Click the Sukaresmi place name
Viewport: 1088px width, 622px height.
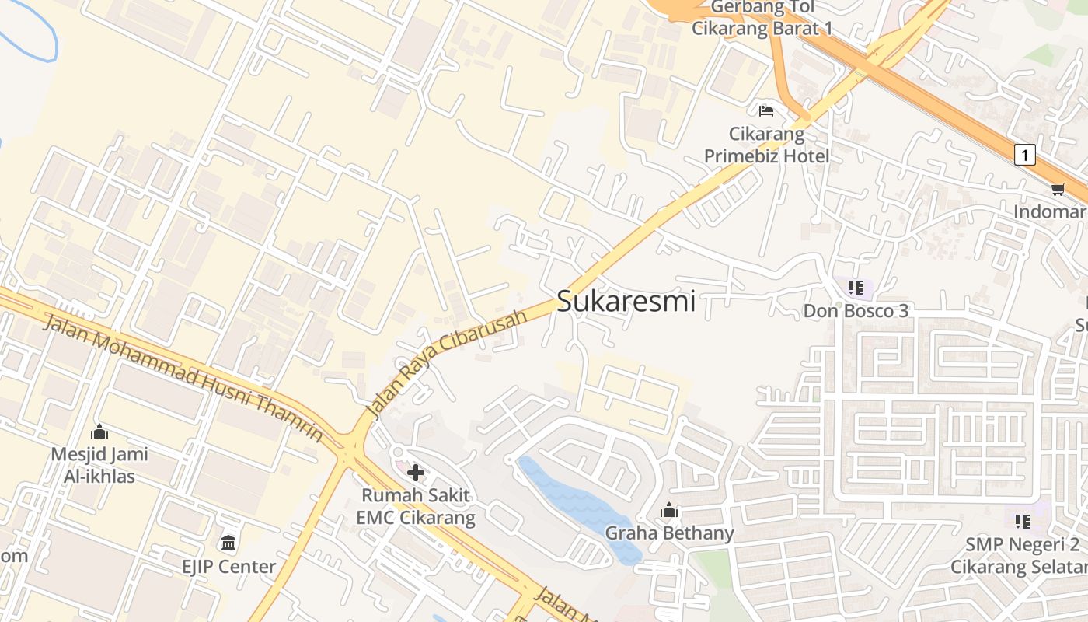pyautogui.click(x=626, y=301)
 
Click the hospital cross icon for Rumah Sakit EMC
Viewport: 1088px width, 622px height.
pyautogui.click(x=416, y=472)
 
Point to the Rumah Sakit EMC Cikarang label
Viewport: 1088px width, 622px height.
pyautogui.click(x=415, y=506)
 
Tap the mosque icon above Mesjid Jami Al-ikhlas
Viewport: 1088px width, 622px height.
pyautogui.click(x=99, y=432)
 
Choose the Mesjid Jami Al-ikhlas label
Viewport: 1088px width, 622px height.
pyautogui.click(x=99, y=465)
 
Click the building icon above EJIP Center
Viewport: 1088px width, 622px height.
pyautogui.click(x=228, y=542)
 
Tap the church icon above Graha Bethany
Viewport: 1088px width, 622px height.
pyautogui.click(x=669, y=511)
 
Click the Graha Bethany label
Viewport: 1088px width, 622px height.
pyautogui.click(x=669, y=533)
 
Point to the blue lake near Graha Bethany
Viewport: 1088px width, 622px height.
pyautogui.click(x=579, y=505)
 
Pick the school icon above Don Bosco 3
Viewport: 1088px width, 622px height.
pyautogui.click(x=856, y=288)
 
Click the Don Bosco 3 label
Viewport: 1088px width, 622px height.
pyautogui.click(x=856, y=311)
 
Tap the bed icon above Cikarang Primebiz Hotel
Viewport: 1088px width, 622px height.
pyautogui.click(x=766, y=110)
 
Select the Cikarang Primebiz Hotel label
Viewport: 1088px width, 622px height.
pyautogui.click(x=766, y=145)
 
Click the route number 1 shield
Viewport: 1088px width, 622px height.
pyautogui.click(x=1025, y=155)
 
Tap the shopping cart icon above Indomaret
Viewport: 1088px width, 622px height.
pyautogui.click(x=1058, y=189)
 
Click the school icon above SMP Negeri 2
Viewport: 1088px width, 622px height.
pyautogui.click(x=1022, y=520)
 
